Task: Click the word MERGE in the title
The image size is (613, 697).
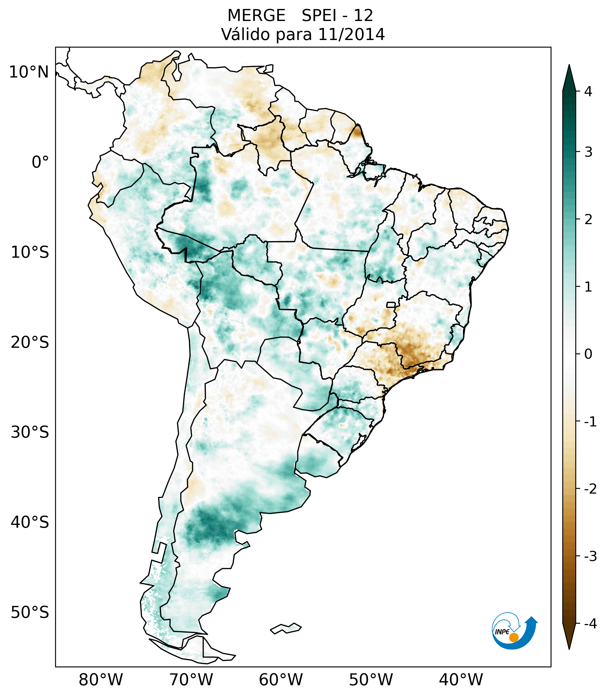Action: coord(256,16)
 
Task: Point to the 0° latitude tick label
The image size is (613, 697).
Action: coord(40,162)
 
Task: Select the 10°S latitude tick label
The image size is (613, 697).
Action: coord(30,253)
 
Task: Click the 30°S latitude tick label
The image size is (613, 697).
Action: coord(30,432)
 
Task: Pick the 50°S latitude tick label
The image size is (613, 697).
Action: coord(30,612)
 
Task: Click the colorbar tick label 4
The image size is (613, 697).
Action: coord(588,91)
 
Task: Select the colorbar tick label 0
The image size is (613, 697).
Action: coord(588,354)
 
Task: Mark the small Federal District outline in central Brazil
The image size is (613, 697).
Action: coord(391,304)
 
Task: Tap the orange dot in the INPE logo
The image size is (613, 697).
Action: coord(514,637)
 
